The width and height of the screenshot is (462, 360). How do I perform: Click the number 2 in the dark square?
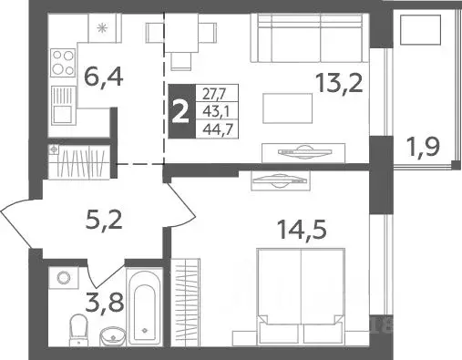[180, 110]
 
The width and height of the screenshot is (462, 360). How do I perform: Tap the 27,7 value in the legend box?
[214, 92]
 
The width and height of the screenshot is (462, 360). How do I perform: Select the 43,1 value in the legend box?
[214, 110]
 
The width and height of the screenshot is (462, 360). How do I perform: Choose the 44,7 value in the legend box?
[214, 129]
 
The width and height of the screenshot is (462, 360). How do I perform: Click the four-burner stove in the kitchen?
[62, 65]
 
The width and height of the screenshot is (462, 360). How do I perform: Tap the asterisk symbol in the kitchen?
[102, 28]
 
